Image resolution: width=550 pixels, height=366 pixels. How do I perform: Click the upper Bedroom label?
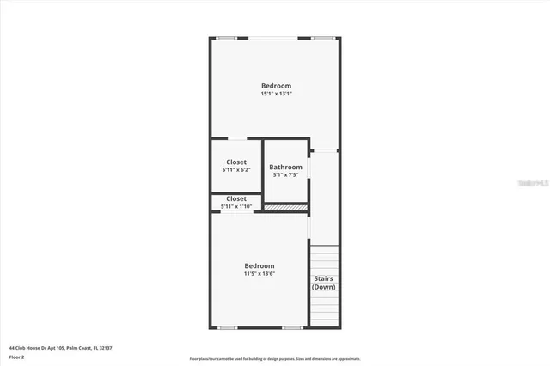tap(276, 86)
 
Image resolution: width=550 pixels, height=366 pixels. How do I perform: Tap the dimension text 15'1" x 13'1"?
tap(276, 94)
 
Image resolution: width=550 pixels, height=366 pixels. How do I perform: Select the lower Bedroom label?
tap(259, 266)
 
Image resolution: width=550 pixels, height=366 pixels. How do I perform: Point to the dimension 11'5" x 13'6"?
tap(259, 274)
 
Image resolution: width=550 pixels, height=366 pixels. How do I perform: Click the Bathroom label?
tap(285, 167)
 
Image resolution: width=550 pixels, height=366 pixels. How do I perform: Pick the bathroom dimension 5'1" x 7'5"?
tap(285, 174)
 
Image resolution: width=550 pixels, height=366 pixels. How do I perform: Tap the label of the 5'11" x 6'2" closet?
tap(236, 162)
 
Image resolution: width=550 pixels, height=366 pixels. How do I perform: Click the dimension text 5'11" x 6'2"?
tap(236, 169)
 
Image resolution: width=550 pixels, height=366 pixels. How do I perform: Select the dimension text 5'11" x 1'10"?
tap(236, 206)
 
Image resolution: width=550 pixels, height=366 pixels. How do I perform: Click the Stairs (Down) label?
tap(323, 283)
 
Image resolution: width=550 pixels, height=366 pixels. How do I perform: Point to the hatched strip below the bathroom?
tap(285, 207)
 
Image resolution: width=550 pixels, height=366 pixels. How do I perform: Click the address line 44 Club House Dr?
tap(60, 347)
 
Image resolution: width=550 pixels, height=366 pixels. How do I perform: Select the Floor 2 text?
tap(16, 356)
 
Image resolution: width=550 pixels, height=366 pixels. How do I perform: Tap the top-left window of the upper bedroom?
tap(226, 38)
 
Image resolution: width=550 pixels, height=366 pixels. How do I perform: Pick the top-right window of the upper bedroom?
tap(323, 38)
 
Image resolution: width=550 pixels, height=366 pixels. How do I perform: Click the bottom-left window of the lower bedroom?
tap(228, 327)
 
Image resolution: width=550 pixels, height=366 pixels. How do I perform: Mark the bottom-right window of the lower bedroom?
tap(292, 327)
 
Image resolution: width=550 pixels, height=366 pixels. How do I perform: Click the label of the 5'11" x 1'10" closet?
tap(236, 198)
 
